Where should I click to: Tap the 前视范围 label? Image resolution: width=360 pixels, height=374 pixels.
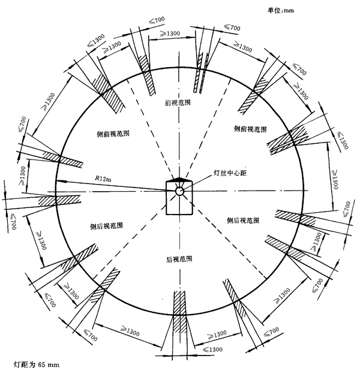[x=178, y=102]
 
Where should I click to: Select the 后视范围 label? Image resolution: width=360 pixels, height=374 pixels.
[x=179, y=260]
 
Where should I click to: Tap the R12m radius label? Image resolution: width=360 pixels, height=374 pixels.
[x=104, y=177]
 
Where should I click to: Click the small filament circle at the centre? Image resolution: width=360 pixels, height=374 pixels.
[x=179, y=191]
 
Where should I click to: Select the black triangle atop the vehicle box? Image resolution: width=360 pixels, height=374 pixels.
[x=179, y=180]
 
